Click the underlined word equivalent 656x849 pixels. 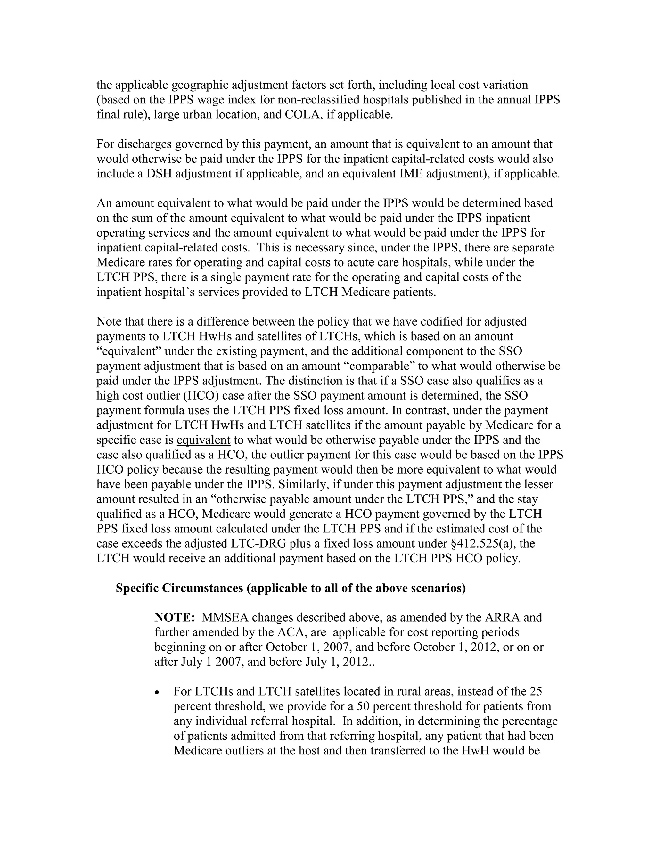coord(204,440)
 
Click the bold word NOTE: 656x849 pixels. coord(175,617)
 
